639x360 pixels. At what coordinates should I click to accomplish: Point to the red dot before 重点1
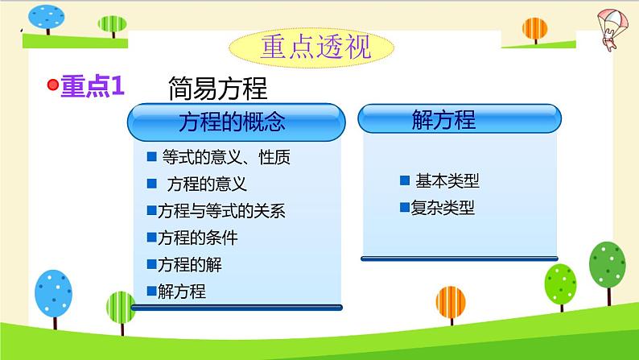(x=53, y=85)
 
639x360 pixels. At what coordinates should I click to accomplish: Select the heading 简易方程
(x=218, y=88)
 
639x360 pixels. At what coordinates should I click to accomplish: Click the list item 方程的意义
(x=206, y=184)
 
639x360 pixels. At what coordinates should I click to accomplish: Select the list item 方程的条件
(x=197, y=238)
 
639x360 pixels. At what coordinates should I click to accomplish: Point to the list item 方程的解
(x=189, y=264)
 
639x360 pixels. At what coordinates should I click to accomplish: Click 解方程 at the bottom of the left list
(x=182, y=291)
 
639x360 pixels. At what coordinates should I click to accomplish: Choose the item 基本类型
(x=447, y=181)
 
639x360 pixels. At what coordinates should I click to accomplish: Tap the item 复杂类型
(x=442, y=208)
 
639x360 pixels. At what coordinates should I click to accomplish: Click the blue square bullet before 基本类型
(x=405, y=181)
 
